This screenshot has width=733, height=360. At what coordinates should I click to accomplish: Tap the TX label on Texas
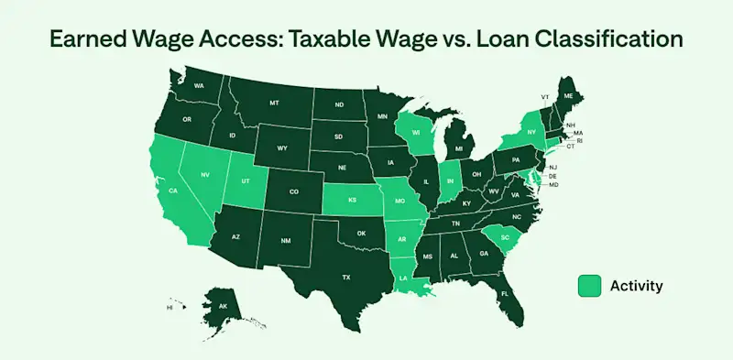pyautogui.click(x=346, y=277)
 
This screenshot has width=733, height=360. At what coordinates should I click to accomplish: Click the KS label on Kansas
pyautogui.click(x=352, y=198)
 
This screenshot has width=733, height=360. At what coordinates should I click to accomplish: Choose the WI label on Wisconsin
pyautogui.click(x=415, y=132)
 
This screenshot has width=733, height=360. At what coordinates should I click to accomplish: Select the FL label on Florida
pyautogui.click(x=506, y=294)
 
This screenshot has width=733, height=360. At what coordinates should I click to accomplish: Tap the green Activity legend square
pyautogui.click(x=589, y=286)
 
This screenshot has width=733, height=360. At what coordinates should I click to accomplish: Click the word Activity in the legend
pyautogui.click(x=636, y=286)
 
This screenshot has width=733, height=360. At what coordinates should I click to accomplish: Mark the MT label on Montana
pyautogui.click(x=274, y=104)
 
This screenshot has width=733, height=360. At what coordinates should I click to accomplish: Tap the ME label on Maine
pyautogui.click(x=568, y=95)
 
